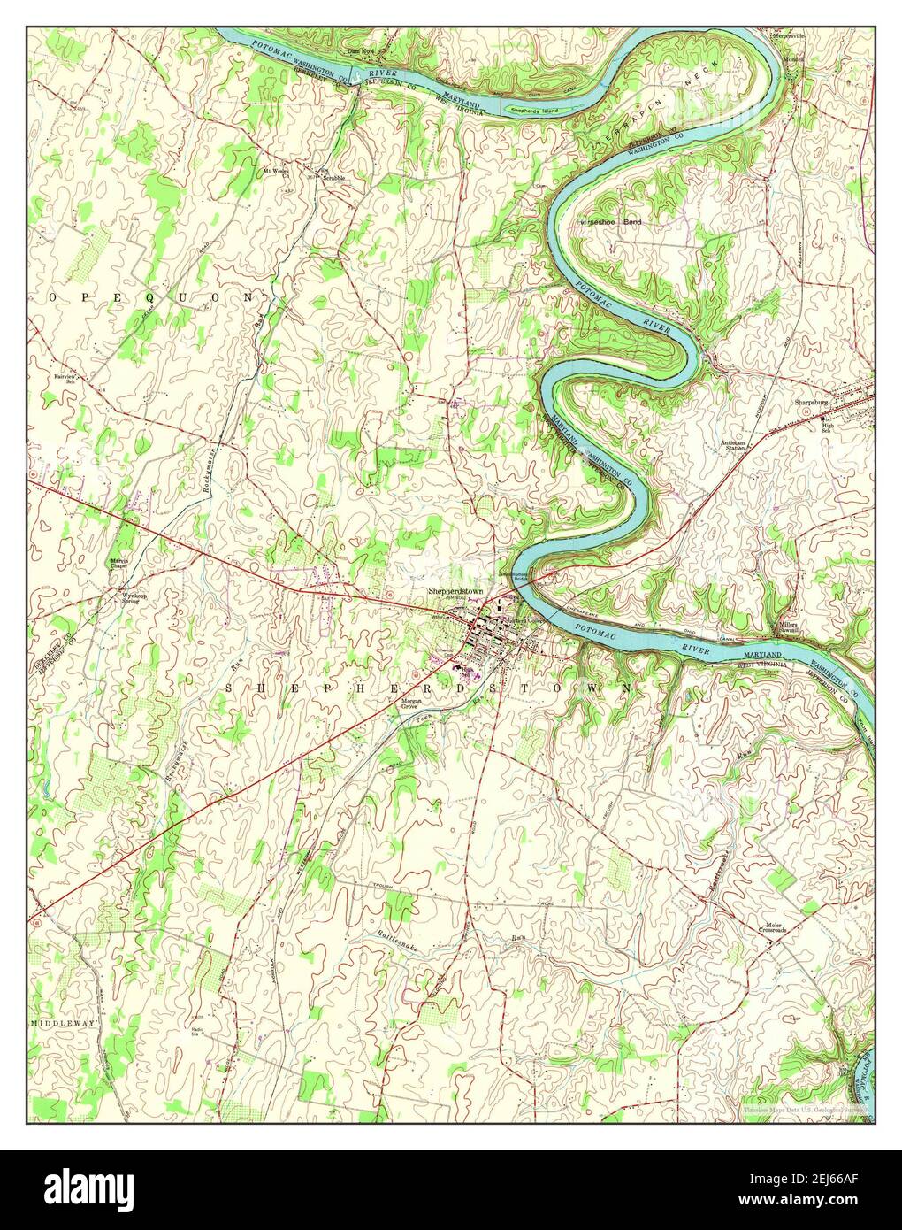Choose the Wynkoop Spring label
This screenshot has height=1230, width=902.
[x=134, y=599]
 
